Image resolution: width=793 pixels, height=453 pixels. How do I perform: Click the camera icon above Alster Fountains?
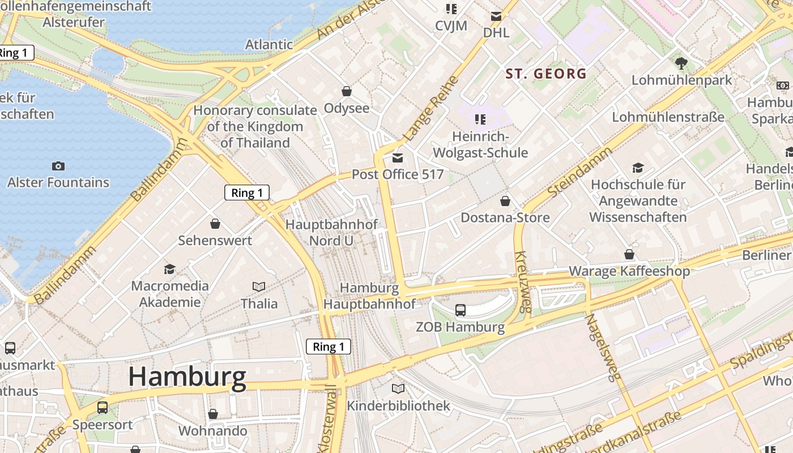click(x=58, y=166)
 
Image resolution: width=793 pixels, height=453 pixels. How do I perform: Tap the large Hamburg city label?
click(x=187, y=377)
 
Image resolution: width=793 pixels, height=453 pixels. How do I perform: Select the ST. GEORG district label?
click(x=546, y=74)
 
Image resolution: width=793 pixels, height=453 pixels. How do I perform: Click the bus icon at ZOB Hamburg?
click(x=460, y=310)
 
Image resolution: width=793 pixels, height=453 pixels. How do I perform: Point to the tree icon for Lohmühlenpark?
click(x=681, y=63)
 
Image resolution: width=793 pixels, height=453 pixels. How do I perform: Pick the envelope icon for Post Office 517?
click(x=398, y=158)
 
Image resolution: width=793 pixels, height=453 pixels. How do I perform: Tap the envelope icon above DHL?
click(x=496, y=16)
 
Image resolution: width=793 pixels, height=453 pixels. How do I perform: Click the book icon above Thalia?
click(x=259, y=287)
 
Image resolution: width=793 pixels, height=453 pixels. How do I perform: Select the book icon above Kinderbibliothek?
click(x=398, y=389)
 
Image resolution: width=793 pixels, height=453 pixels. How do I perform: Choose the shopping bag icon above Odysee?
click(x=346, y=91)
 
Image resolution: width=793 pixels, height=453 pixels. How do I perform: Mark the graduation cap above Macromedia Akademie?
click(x=169, y=269)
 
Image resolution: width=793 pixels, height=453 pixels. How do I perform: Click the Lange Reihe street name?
click(x=429, y=109)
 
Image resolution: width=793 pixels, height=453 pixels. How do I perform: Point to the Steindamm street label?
click(x=580, y=172)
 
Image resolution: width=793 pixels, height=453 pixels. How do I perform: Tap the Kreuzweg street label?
click(x=523, y=281)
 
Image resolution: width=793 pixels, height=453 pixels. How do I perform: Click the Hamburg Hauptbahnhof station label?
click(x=369, y=296)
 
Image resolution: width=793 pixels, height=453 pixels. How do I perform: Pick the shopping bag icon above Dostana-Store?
click(x=505, y=201)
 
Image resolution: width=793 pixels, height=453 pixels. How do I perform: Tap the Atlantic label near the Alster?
click(x=268, y=44)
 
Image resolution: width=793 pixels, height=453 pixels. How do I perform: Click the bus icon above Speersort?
click(x=103, y=408)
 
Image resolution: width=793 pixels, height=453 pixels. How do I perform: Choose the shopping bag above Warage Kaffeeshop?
click(x=629, y=254)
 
